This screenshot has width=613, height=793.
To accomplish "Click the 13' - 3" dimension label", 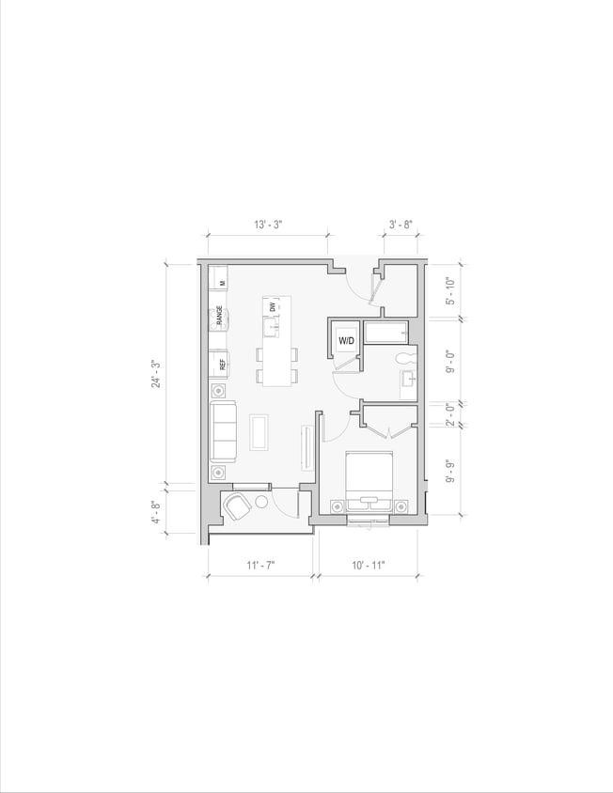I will click(x=268, y=225).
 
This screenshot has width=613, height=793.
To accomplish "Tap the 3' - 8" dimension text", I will click(x=401, y=225).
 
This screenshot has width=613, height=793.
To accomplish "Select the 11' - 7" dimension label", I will click(x=260, y=565).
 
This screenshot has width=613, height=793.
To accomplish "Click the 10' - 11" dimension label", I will click(x=368, y=565).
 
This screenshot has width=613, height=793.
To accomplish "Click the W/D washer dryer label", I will click(x=346, y=340).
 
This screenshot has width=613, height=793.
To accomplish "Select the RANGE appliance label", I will click(x=219, y=317).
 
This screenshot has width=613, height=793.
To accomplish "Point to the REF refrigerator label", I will click(x=222, y=365).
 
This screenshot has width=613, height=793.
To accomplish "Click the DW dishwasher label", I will click(x=273, y=306).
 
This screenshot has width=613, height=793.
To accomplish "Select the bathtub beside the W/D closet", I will click(x=386, y=333).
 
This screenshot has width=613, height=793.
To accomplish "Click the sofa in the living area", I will click(x=223, y=430).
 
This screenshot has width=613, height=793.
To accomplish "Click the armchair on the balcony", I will click(x=236, y=507).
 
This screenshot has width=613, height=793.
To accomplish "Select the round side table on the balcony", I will click(x=261, y=502).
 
